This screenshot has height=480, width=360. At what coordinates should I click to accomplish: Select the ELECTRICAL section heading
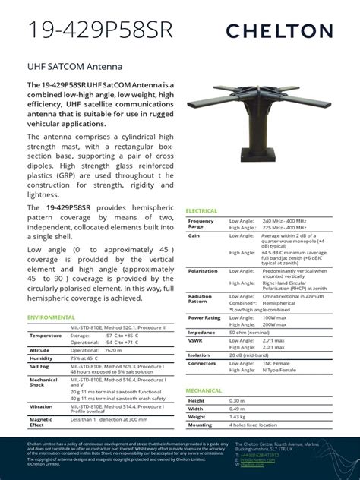(x=201, y=211)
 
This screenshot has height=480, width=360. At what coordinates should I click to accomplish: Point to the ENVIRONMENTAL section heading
(x=52, y=317)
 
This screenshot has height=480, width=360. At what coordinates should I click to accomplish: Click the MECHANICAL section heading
(x=204, y=390)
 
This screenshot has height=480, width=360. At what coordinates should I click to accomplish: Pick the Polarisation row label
(x=203, y=270)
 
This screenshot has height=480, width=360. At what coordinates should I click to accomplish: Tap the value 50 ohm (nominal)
(x=251, y=333)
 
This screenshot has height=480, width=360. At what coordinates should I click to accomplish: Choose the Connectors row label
(x=202, y=363)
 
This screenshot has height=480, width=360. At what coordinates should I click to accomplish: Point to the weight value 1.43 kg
(x=239, y=417)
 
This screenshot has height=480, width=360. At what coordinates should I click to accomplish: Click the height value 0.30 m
(x=238, y=400)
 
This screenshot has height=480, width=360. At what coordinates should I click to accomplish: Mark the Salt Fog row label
(x=40, y=366)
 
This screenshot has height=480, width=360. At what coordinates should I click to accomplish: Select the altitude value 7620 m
(x=92, y=350)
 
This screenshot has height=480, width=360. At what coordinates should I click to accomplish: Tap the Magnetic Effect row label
(x=41, y=422)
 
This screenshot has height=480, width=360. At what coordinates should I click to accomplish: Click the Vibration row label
(x=42, y=406)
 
